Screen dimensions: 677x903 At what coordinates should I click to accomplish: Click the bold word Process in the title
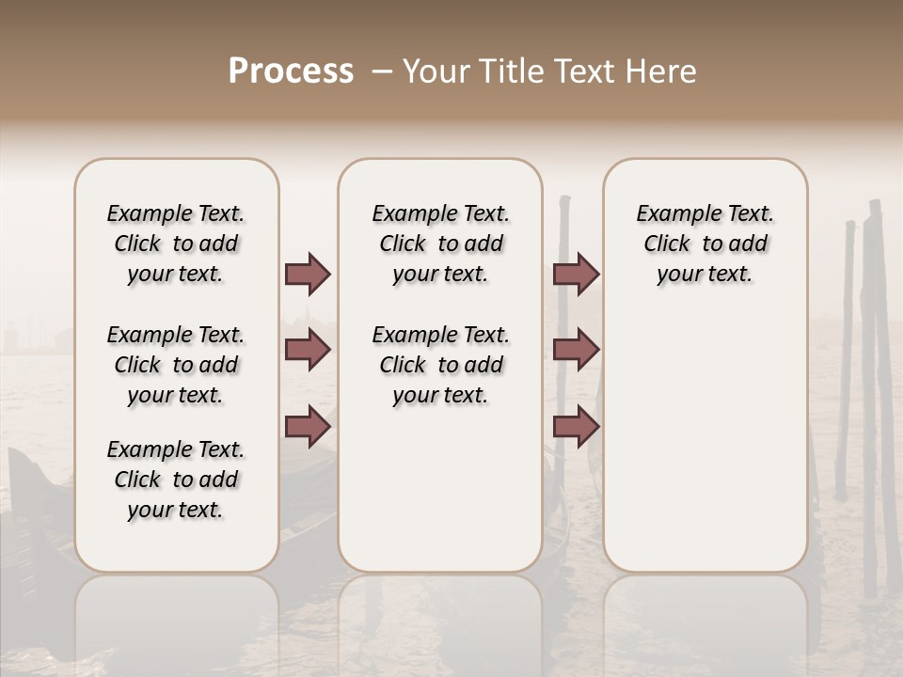[291, 71]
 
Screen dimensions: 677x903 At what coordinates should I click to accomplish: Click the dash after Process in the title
[381, 72]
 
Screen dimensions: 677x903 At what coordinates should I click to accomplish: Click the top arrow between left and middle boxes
[308, 275]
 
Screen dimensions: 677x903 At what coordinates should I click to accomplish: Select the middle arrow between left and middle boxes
[308, 351]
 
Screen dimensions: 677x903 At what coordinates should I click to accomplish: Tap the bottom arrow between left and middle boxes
[308, 427]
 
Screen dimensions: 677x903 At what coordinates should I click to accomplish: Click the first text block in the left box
[176, 244]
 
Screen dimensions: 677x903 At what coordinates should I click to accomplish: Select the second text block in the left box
[176, 365]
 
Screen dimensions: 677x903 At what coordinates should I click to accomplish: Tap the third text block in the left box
[176, 480]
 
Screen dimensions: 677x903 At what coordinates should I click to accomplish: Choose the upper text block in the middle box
[440, 244]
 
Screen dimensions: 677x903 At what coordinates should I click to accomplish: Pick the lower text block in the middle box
[440, 365]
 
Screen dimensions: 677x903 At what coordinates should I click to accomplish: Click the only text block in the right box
[705, 244]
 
